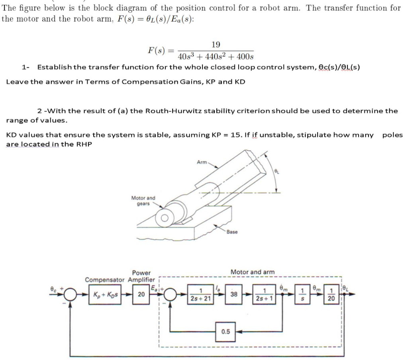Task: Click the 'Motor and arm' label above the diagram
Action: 252,272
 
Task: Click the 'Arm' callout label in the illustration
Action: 202,162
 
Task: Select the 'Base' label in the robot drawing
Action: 231,232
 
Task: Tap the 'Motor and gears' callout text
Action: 143,201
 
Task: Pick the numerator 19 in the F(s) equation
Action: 216,44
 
